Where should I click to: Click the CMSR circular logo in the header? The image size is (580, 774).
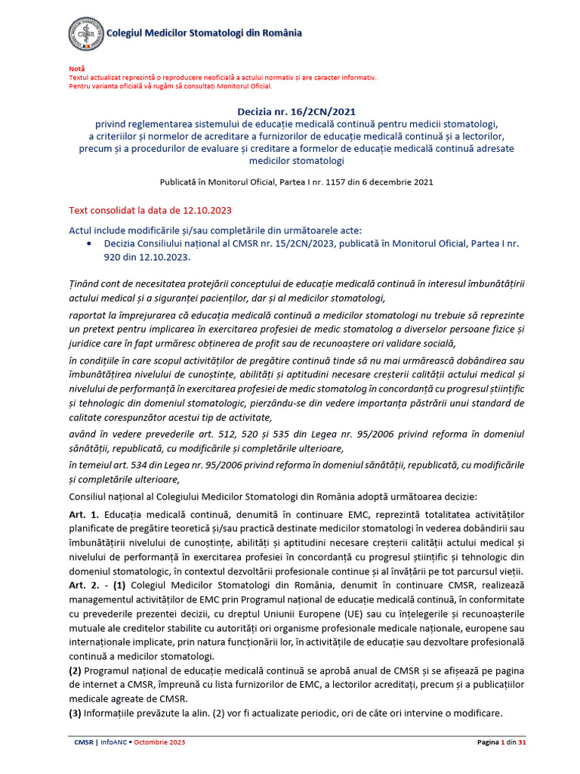tap(86, 34)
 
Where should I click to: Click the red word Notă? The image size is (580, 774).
tap(76, 69)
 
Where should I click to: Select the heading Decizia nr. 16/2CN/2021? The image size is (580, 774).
tap(290, 111)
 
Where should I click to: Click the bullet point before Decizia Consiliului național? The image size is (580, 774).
tap(90, 244)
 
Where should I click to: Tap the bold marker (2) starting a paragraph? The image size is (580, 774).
tap(76, 671)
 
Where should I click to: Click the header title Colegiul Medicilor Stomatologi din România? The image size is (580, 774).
tap(205, 33)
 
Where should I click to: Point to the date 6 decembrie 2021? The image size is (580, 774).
tap(396, 182)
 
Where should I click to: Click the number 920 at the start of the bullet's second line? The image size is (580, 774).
tap(114, 257)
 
